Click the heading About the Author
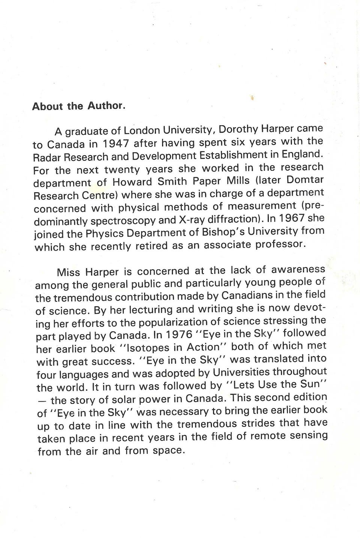78,106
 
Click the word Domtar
304,179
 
